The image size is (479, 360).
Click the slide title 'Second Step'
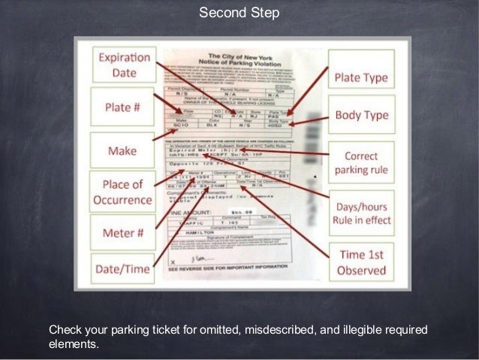tap(239, 13)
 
